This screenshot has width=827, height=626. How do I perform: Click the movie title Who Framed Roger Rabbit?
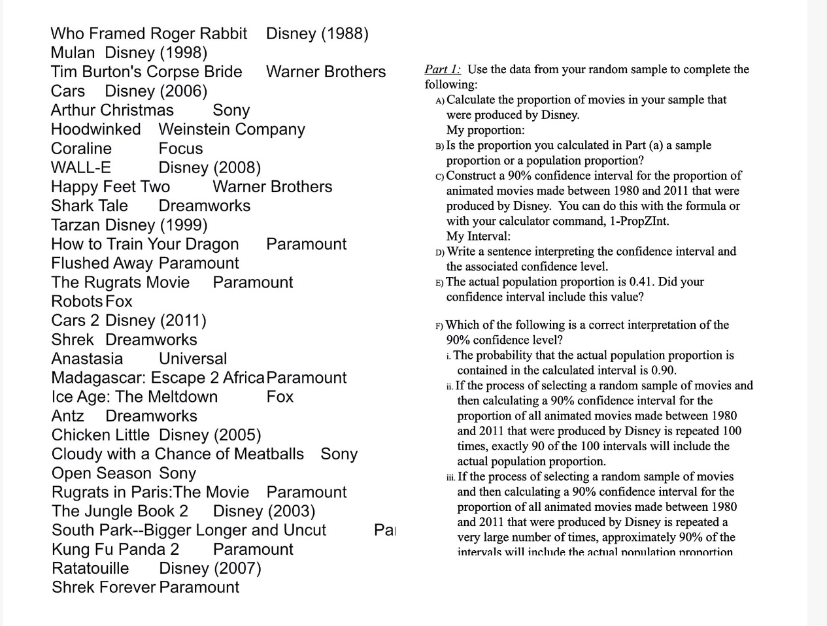(x=149, y=33)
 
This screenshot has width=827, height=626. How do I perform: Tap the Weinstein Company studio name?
(x=231, y=129)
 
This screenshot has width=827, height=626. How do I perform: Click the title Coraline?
(x=81, y=148)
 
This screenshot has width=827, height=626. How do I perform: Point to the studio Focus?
(x=180, y=148)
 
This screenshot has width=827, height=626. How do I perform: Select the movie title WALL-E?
(x=81, y=167)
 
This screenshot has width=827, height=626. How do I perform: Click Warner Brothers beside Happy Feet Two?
(x=272, y=186)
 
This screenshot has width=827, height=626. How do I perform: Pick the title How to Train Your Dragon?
(x=144, y=244)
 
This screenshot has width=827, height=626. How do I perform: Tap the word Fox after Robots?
(x=119, y=301)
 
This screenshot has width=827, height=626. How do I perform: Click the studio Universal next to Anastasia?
(x=193, y=359)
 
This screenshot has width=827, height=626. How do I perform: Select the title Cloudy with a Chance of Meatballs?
(x=177, y=453)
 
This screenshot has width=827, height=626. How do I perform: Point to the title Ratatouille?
(x=90, y=568)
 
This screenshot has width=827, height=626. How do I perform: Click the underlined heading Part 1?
(x=443, y=69)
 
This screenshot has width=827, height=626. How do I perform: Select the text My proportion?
(x=485, y=130)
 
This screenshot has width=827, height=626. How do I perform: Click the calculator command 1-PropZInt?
(x=639, y=221)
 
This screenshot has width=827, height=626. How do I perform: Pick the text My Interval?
(x=478, y=236)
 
